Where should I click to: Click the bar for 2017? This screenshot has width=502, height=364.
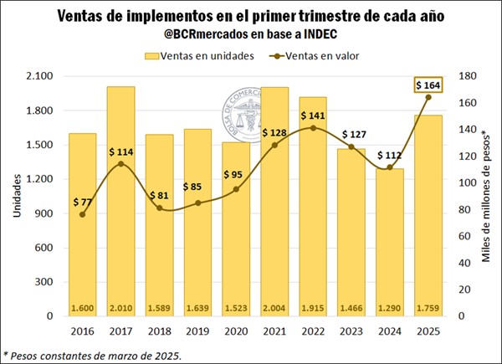(x=122, y=201)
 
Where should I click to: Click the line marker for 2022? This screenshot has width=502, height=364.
(x=312, y=128)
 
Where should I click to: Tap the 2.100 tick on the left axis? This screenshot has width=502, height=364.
(x=38, y=76)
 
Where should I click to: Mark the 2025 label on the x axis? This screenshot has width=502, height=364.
(x=428, y=331)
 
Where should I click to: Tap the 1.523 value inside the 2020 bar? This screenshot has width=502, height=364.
(x=236, y=308)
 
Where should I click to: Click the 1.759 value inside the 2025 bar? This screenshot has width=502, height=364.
(x=428, y=308)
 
